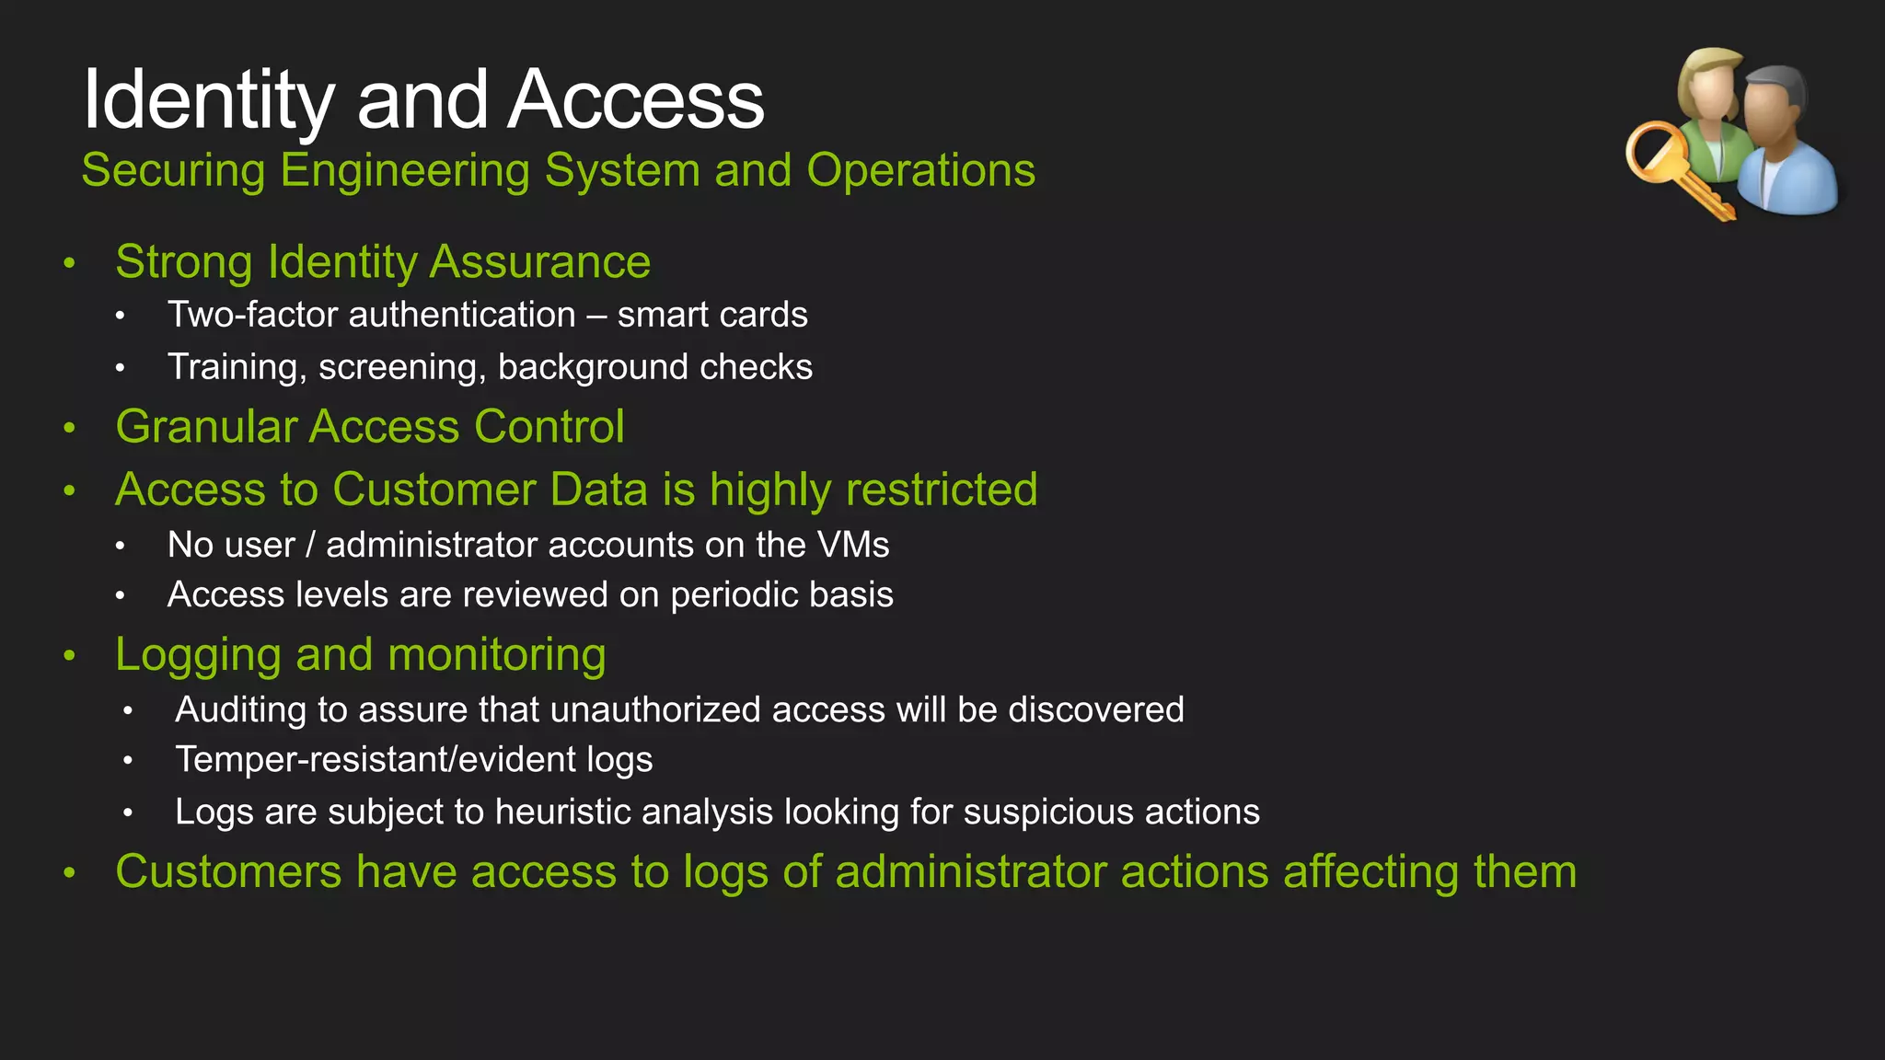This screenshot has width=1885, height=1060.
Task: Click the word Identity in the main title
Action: tap(208, 100)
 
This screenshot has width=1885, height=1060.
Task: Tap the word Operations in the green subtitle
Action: tap(920, 170)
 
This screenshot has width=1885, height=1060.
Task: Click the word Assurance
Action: tap(540, 261)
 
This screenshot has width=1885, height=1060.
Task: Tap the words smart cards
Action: tap(712, 315)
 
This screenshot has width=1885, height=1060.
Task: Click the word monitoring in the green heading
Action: tap(497, 655)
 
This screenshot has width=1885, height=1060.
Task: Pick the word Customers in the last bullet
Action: tap(228, 871)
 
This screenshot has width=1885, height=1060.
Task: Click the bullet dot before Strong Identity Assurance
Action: tap(69, 264)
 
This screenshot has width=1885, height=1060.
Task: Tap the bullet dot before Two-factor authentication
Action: tap(120, 317)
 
